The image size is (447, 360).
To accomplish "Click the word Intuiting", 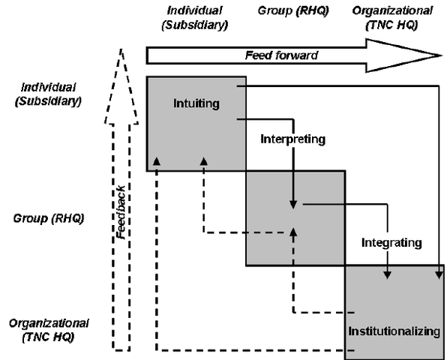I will point(196,103).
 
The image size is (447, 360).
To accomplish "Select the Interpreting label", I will point(292,139).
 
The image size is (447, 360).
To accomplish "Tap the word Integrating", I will point(391,242).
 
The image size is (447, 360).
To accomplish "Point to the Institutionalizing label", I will point(393,331).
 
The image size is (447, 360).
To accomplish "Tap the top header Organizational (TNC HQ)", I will point(391,17).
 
